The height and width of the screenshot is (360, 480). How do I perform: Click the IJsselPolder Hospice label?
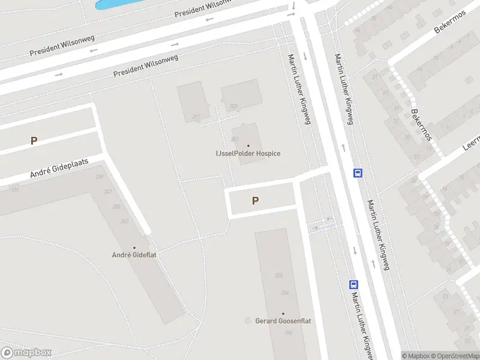click(248, 154)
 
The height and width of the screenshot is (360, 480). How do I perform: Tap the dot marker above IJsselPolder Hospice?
click(248, 145)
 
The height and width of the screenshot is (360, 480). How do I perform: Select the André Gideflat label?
click(134, 255)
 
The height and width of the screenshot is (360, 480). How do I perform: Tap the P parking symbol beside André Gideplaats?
click(34, 141)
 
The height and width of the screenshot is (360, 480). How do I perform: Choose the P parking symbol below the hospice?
click(256, 201)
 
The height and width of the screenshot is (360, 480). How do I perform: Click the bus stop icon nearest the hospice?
click(358, 173)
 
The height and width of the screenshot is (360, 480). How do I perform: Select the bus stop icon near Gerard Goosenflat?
click(354, 285)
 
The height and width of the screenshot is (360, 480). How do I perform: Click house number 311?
click(196, 116)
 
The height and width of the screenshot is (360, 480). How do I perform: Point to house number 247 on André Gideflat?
click(108, 191)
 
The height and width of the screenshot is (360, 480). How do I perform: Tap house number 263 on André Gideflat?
click(124, 221)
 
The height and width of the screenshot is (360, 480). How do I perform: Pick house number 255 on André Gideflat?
click(116, 206)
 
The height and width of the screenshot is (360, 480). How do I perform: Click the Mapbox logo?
click(26, 353)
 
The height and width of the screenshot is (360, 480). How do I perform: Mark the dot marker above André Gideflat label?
click(134, 247)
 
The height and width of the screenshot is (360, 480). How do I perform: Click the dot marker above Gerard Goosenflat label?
click(283, 313)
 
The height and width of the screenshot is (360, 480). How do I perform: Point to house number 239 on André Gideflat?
click(100, 176)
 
